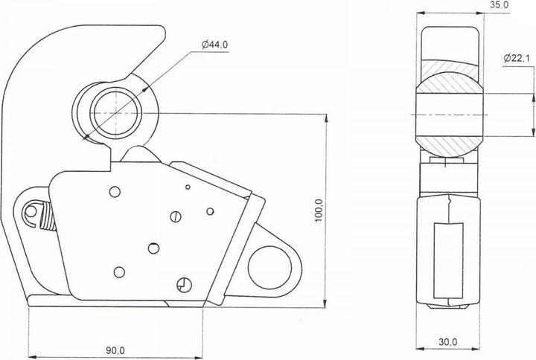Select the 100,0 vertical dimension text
319,210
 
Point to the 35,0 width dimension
500,5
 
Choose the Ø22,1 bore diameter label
517,58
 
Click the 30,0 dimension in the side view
447,342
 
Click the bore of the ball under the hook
115,113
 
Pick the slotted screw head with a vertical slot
176,217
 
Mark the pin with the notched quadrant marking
183,283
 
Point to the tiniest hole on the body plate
188,187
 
